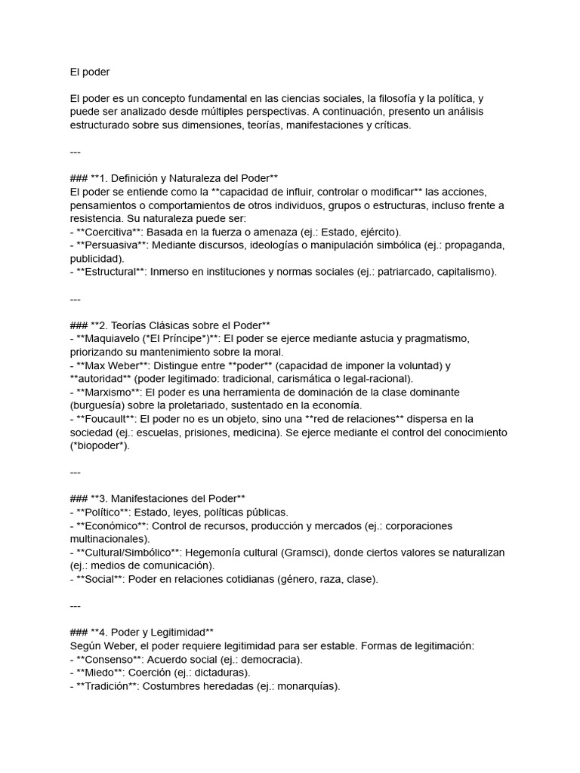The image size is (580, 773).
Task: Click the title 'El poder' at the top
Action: [x=90, y=72]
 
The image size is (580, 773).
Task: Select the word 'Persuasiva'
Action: [x=112, y=245]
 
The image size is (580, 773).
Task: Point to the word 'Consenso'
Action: [x=109, y=659]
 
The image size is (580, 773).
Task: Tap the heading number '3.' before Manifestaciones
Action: [x=104, y=498]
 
